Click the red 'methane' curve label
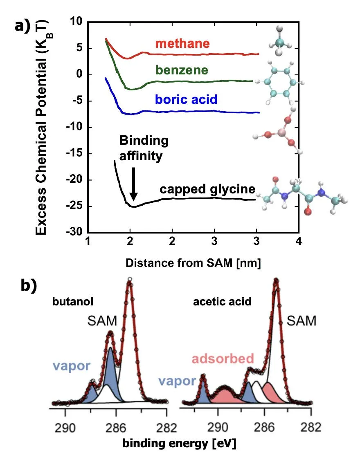coord(182,43)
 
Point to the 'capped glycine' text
coord(207,189)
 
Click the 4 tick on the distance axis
coord(299,241)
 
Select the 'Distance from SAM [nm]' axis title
coord(193,264)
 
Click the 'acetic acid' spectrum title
coord(222,302)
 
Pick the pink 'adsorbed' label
coord(223,359)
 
